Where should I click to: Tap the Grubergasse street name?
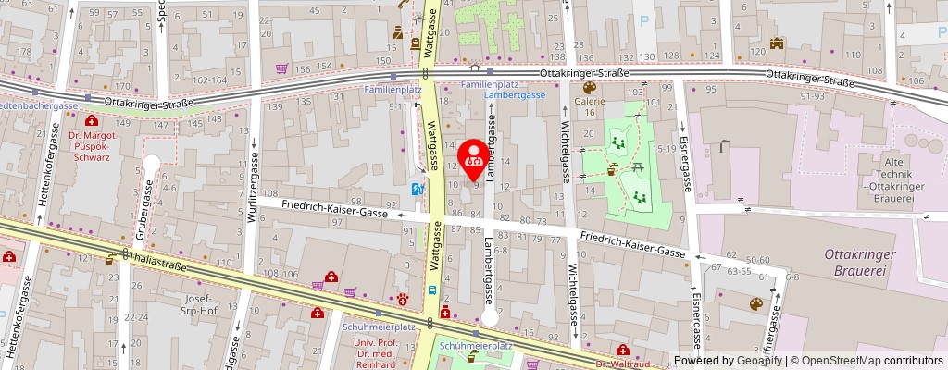coord(148,203)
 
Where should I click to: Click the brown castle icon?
coord(777,43)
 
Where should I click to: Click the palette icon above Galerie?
coord(588,89)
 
